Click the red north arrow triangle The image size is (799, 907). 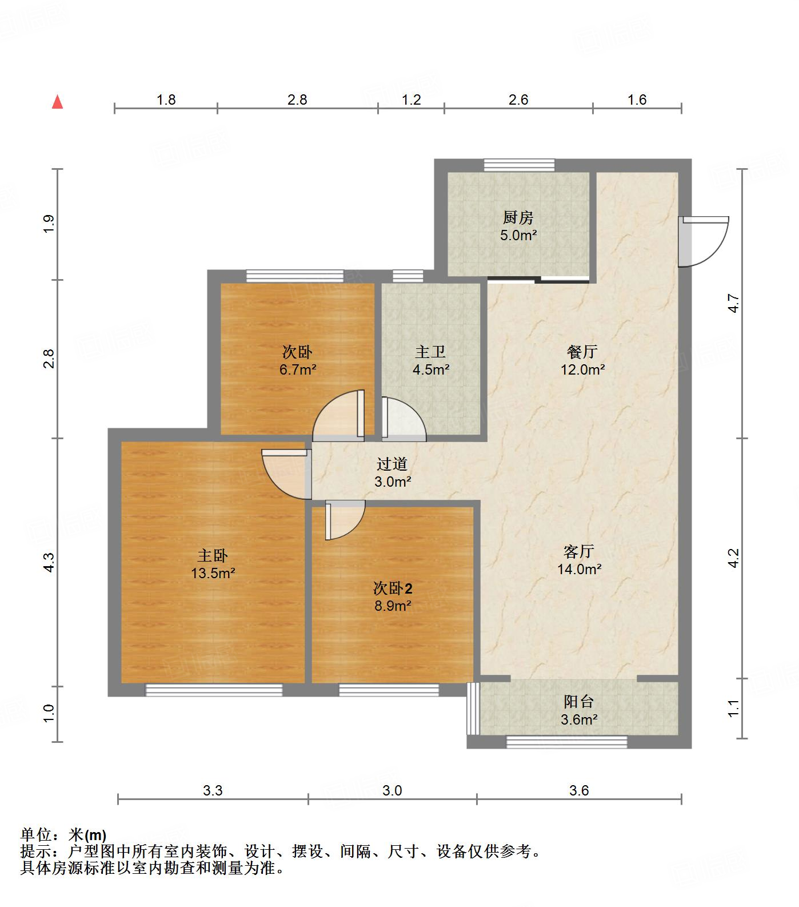click(x=57, y=102)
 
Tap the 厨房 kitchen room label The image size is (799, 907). click(x=518, y=217)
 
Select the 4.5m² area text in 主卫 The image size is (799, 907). click(x=431, y=369)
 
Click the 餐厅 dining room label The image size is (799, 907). click(x=582, y=351)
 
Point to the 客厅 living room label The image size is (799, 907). click(x=578, y=551)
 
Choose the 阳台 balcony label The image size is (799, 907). click(x=578, y=702)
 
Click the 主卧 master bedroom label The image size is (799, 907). click(x=213, y=555)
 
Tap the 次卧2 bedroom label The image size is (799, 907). click(x=393, y=588)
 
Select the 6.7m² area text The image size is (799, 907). click(x=297, y=369)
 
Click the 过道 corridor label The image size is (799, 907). click(x=392, y=464)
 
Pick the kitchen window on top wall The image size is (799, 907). click(x=519, y=165)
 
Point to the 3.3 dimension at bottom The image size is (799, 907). click(x=213, y=790)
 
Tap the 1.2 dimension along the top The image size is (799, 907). click(x=411, y=100)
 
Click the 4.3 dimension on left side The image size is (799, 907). click(x=49, y=562)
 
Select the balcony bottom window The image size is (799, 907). click(x=566, y=742)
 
